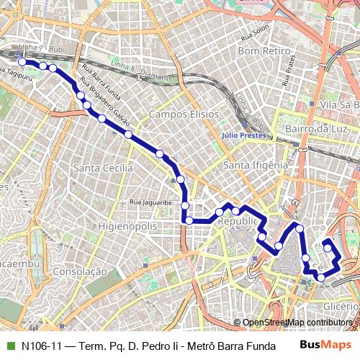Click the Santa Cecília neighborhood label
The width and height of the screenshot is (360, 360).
[102, 167]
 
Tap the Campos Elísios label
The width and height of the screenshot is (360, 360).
[183, 114]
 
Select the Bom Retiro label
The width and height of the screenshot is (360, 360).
[264, 52]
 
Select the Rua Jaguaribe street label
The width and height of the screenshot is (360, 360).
[152, 203]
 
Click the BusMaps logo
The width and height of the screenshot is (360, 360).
[324, 345]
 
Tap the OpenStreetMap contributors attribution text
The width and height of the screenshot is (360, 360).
[297, 323]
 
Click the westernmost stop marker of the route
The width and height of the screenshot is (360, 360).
[22, 63]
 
